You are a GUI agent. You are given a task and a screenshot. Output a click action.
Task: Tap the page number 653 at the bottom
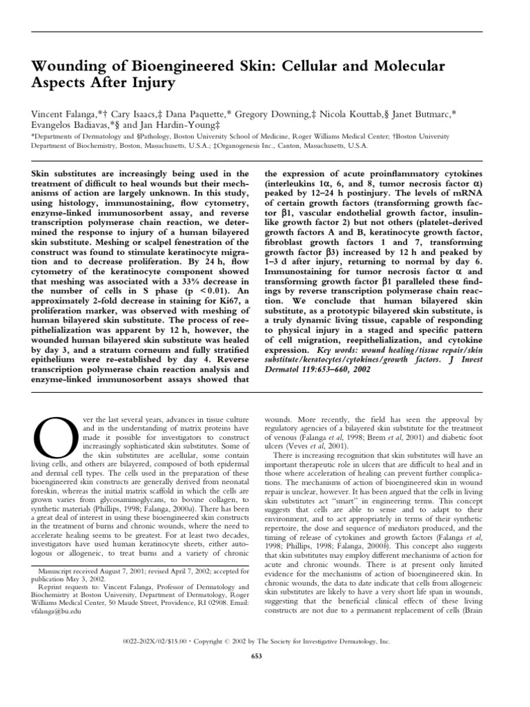pyautogui.click(x=264, y=655)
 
